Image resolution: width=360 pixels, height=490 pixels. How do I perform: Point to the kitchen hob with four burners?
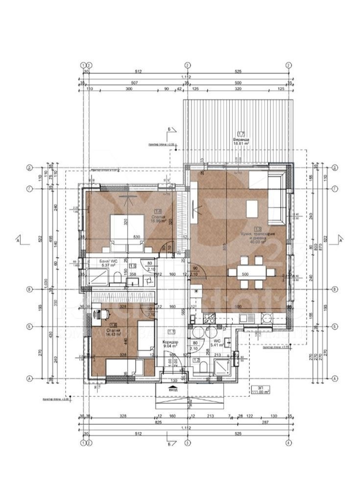tap(265, 318)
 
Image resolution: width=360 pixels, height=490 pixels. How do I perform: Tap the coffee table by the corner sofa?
tap(252, 210)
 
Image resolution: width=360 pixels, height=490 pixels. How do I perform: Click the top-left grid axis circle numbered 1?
tap(84, 65)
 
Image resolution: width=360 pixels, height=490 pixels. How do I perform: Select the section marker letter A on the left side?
tap(18, 241)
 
